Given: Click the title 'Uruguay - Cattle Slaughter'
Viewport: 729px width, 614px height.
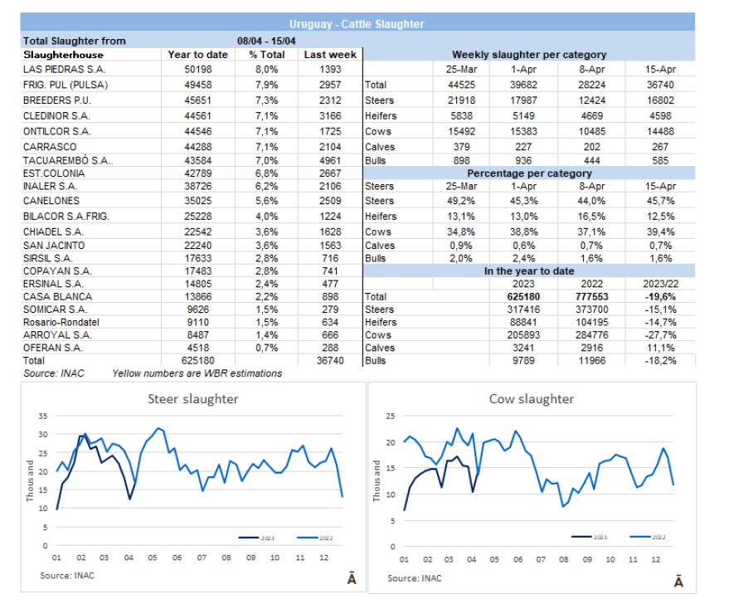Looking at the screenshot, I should tap(357, 24).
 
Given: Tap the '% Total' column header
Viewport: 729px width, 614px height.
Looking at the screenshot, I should tap(266, 55).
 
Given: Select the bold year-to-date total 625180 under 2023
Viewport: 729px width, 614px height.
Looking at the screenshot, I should tap(525, 296).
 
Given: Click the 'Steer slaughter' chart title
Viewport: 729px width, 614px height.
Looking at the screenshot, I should tap(193, 399).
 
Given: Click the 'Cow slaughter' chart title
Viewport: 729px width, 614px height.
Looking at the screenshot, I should tap(531, 399).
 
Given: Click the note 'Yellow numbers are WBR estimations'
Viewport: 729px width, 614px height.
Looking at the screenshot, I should tap(197, 373).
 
